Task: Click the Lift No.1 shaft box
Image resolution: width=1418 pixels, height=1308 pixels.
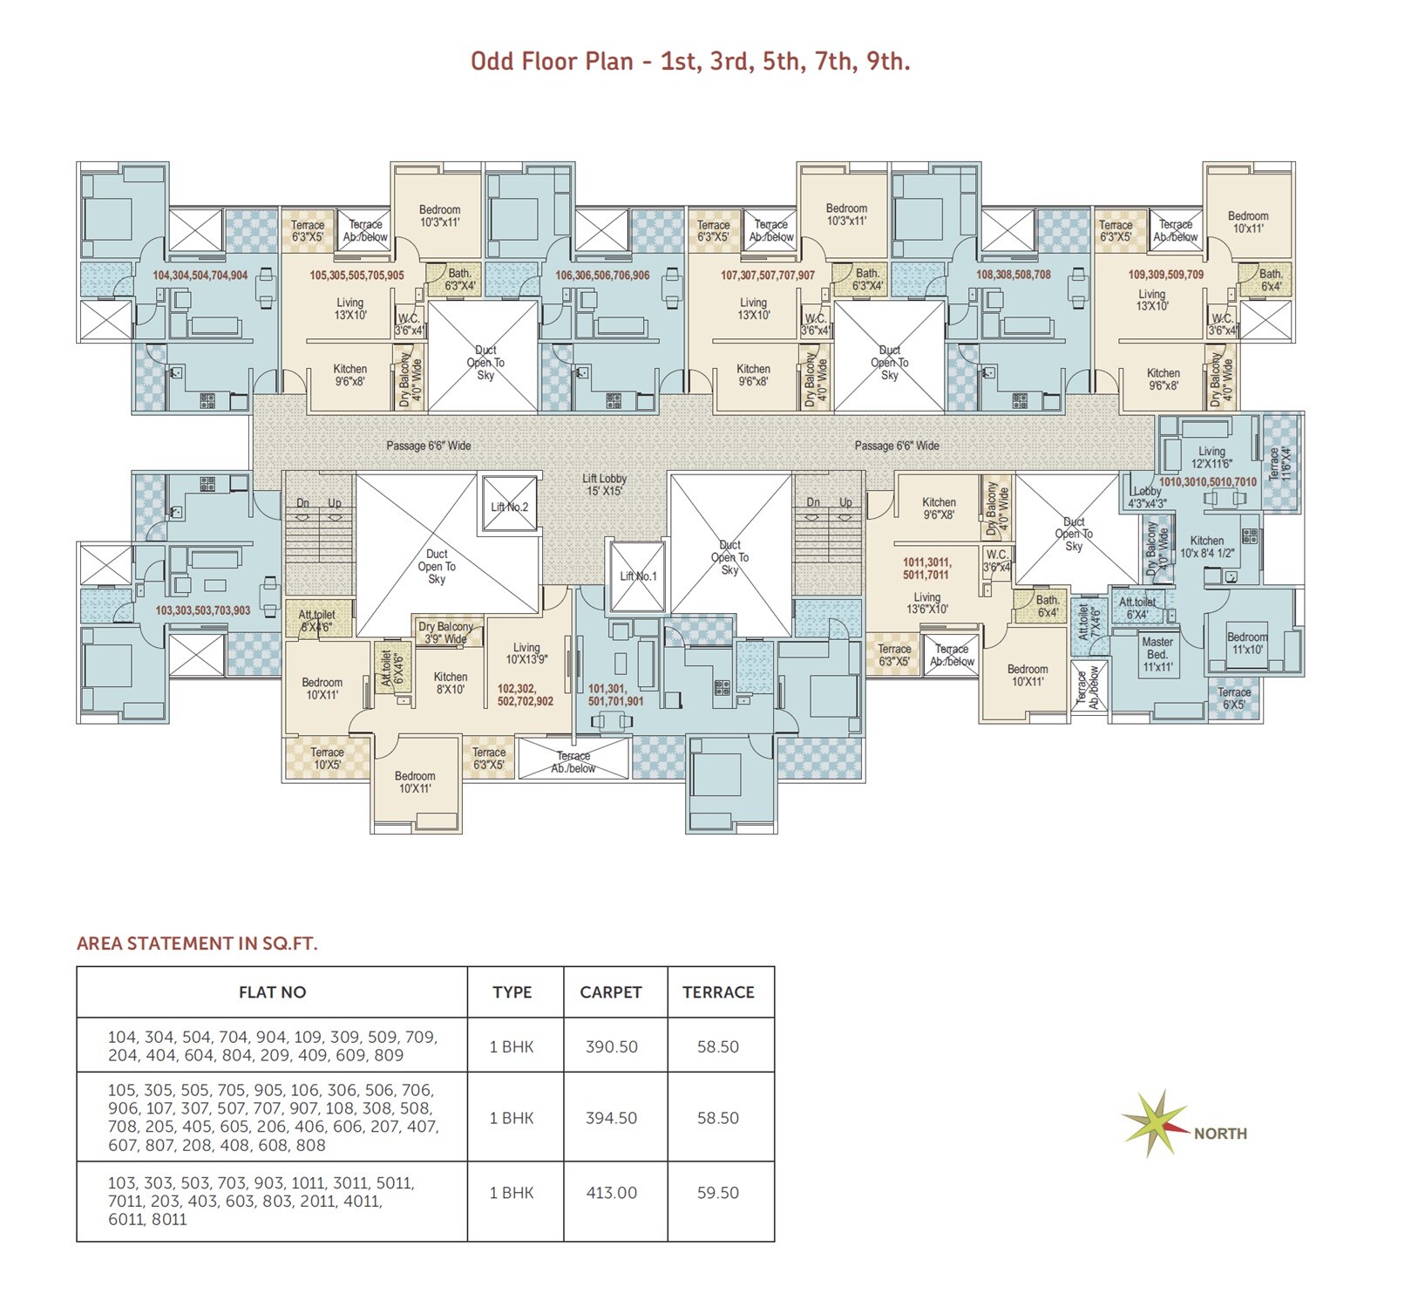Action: pos(637,576)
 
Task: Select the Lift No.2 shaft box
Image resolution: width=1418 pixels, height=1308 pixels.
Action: pos(510,505)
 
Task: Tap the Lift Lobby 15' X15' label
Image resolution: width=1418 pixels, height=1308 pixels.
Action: pos(605,485)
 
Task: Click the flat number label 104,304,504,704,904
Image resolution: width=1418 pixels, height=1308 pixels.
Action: pos(200,275)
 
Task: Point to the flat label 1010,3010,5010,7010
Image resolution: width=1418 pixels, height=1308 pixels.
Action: pos(1208,481)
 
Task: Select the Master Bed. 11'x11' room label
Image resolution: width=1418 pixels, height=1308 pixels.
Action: pos(1157,654)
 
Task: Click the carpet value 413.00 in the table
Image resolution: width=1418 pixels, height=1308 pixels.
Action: pos(612,1192)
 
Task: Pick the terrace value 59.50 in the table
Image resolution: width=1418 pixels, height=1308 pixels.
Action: pos(718,1192)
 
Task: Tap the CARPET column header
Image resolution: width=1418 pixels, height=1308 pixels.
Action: pos(611,992)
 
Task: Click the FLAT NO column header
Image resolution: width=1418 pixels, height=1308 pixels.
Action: pos(272,992)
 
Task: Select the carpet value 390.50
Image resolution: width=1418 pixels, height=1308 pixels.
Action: pos(612,1046)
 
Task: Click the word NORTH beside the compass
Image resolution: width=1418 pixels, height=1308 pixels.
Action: pos(1220,1134)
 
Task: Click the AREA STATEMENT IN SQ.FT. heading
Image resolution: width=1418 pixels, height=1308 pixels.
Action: pos(197,944)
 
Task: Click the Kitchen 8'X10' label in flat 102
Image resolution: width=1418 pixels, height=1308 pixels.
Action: pos(451,683)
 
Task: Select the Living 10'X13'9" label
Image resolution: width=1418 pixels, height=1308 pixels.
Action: pos(526,653)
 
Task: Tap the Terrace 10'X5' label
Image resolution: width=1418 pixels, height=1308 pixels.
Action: pos(328,758)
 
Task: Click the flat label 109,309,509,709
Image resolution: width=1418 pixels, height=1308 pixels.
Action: pos(1165,275)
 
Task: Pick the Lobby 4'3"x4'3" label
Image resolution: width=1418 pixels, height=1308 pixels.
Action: pos(1147,497)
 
